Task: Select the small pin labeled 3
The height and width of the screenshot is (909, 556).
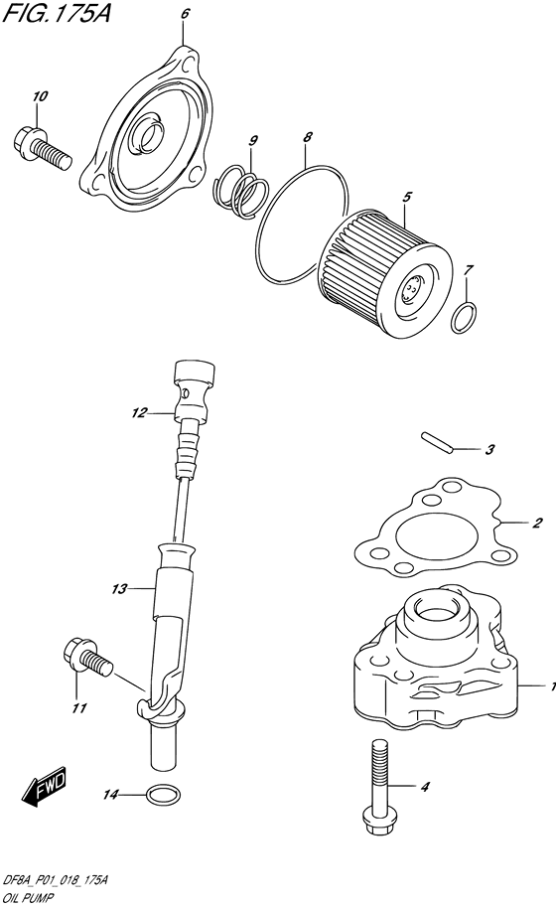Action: [438, 439]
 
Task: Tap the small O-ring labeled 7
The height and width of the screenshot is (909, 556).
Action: [465, 318]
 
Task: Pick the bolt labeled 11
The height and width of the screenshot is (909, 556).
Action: [87, 657]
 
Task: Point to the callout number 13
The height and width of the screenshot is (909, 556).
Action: [119, 589]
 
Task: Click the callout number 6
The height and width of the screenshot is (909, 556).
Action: [185, 14]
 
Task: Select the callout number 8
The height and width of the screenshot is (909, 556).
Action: [308, 137]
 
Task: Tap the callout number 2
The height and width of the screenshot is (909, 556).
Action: [537, 523]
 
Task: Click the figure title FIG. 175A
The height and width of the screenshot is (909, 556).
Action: [57, 13]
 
